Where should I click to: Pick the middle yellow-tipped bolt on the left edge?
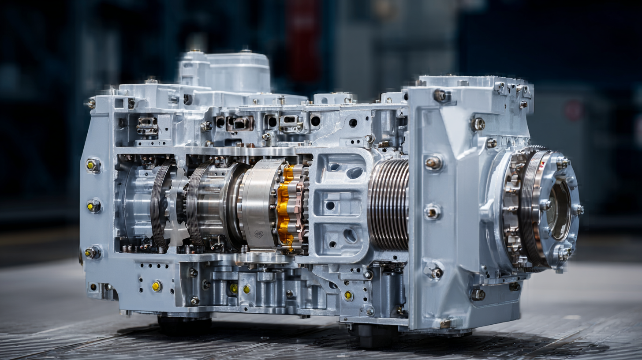click(93, 206)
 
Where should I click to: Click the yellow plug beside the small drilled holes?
click(157, 286)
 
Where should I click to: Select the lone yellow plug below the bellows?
click(348, 296)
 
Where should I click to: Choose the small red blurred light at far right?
click(573, 110)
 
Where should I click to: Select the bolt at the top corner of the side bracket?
click(440, 95)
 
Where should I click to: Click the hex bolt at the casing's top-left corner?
click(91, 104)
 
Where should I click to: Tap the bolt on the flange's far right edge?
click(578, 210)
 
